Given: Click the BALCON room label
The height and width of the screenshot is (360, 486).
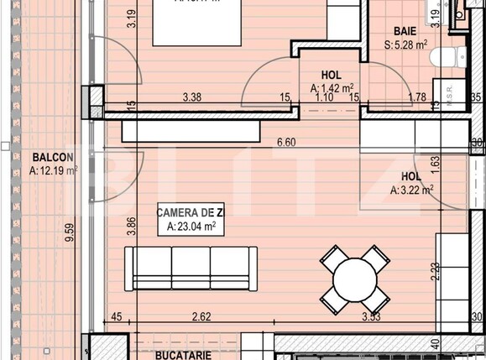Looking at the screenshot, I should [53, 157].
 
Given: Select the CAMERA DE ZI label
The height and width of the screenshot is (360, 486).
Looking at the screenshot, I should [190, 213].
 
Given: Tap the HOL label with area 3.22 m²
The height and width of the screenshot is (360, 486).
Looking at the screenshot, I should [410, 177].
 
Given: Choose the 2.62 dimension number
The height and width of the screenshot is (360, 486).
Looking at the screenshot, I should [200, 316].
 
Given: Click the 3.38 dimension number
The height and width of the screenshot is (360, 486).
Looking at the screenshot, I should [192, 97].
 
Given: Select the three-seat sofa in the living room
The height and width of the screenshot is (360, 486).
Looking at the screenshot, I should [191, 269].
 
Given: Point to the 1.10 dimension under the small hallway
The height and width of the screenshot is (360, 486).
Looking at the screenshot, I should [323, 97].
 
